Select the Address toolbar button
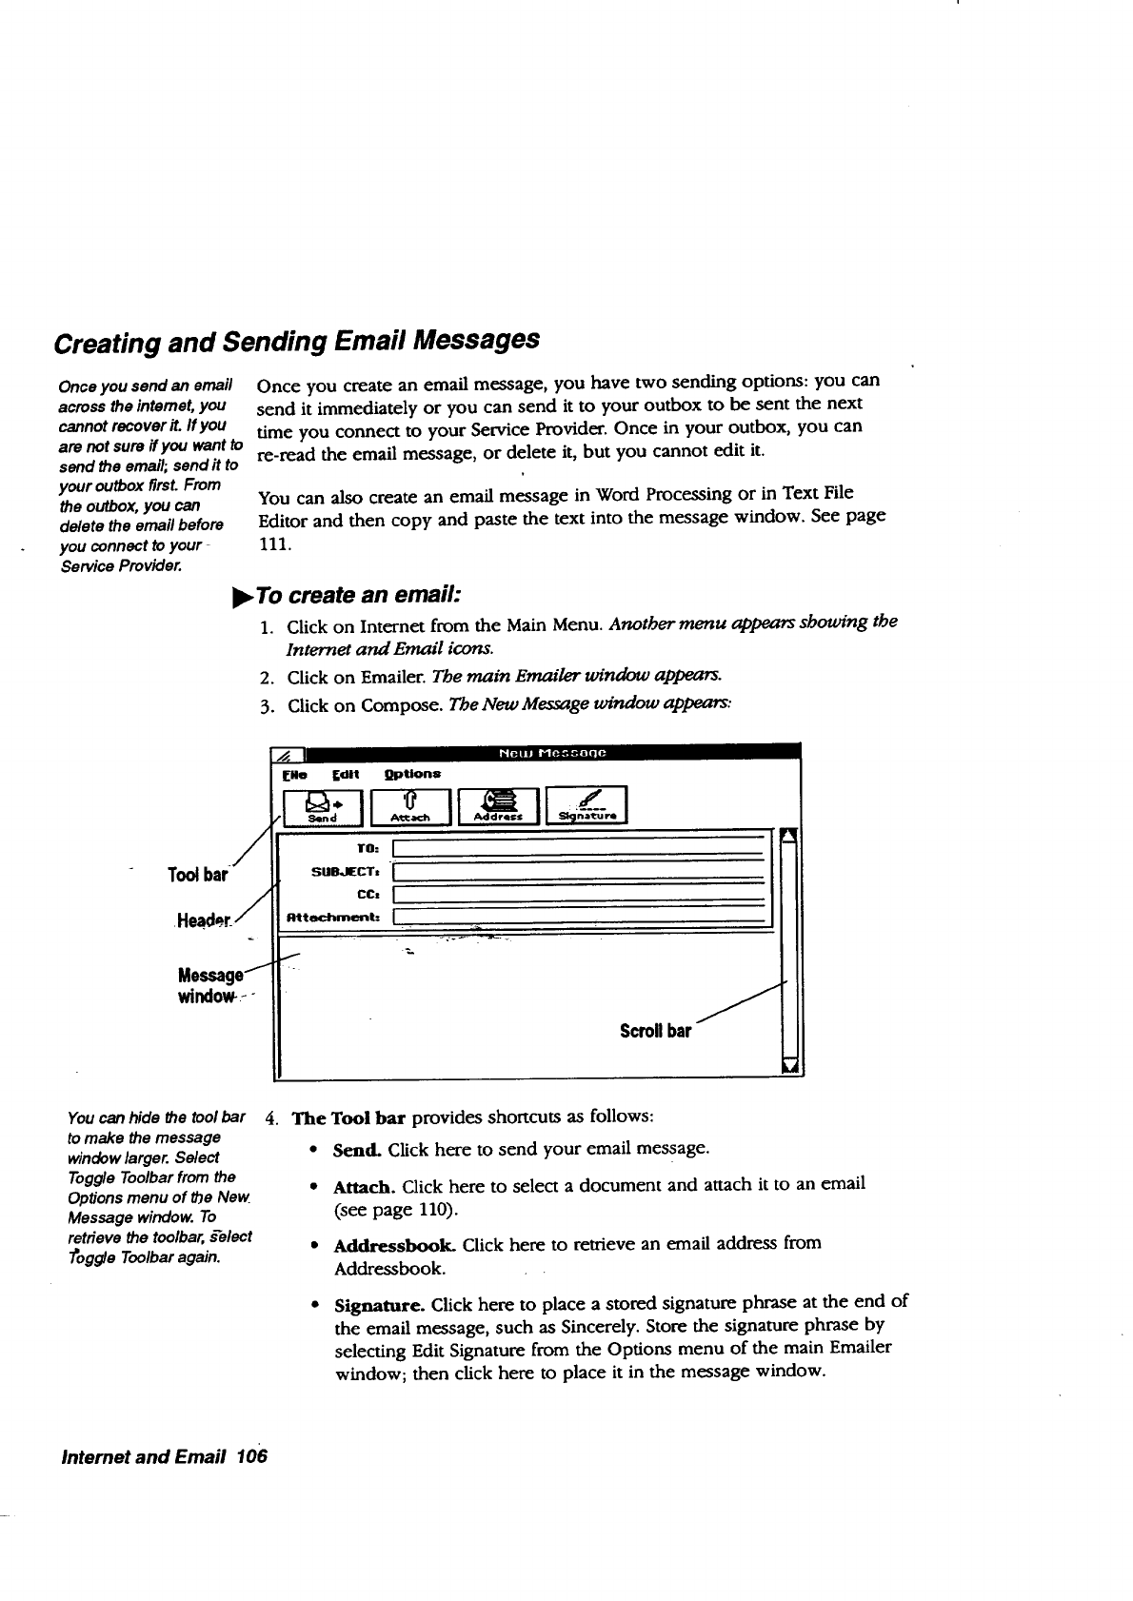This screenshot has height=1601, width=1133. click(x=500, y=805)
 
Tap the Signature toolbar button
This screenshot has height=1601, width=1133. click(x=586, y=805)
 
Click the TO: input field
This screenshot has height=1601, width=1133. click(x=580, y=849)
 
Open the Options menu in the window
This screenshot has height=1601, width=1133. click(x=412, y=774)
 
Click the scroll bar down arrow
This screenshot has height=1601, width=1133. click(x=789, y=1064)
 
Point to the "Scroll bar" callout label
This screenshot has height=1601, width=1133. click(x=655, y=1031)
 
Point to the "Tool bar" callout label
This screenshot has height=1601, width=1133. click(x=198, y=875)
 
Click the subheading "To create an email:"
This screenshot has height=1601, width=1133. click(x=358, y=595)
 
